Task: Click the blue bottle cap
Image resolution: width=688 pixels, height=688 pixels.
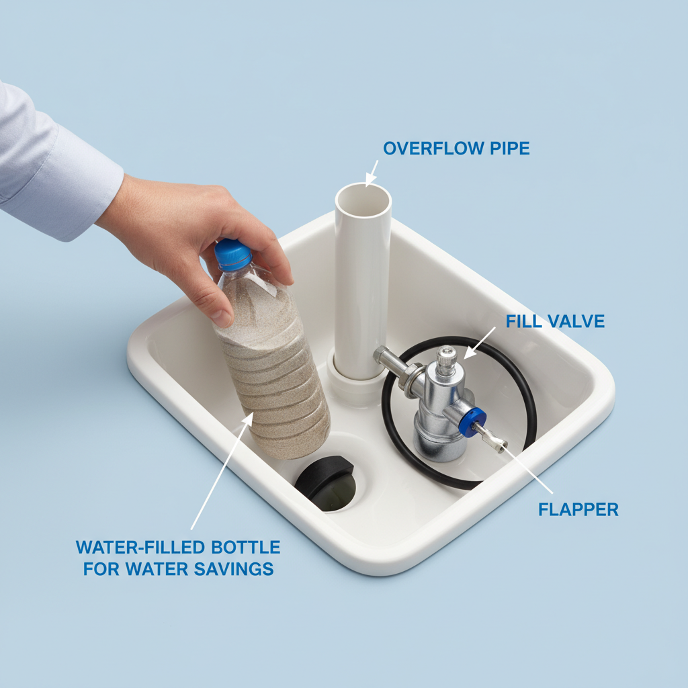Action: pyautogui.click(x=232, y=254)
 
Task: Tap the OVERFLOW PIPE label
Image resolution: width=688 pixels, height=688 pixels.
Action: pyautogui.click(x=456, y=148)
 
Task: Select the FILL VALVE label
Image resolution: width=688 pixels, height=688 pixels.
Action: pyautogui.click(x=555, y=321)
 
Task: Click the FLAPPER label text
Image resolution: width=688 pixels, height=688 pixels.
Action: pyautogui.click(x=578, y=509)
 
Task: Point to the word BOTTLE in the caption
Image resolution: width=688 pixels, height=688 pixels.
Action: pyautogui.click(x=246, y=547)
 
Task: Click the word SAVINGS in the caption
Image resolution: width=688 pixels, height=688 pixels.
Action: pyautogui.click(x=234, y=568)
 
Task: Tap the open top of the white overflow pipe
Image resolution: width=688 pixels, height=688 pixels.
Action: pyautogui.click(x=363, y=200)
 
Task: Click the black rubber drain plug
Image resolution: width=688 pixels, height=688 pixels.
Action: pyautogui.click(x=324, y=479)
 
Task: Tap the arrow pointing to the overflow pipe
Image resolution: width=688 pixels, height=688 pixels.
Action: pyautogui.click(x=371, y=174)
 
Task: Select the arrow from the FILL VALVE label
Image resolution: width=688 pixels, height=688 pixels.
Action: pyautogui.click(x=479, y=343)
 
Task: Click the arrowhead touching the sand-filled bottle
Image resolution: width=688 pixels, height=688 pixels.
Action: pyautogui.click(x=249, y=419)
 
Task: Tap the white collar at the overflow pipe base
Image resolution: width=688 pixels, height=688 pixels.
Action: pyautogui.click(x=357, y=381)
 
